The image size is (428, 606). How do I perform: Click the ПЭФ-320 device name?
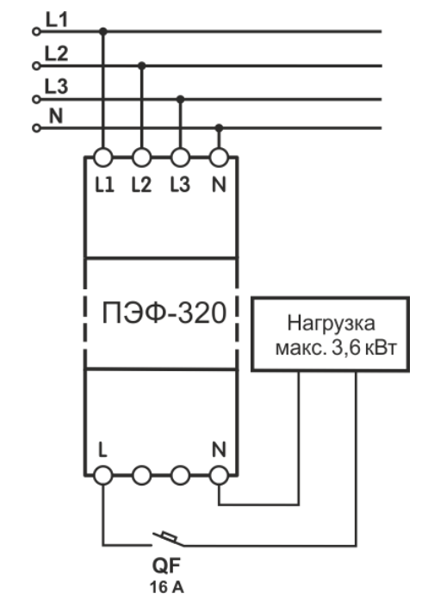[164, 312]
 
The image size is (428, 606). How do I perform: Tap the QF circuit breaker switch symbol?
[167, 539]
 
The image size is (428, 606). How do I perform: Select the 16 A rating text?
[167, 587]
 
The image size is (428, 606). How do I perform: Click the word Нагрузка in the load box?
[331, 324]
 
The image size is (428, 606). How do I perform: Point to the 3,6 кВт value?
[364, 349]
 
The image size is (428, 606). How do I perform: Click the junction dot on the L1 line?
[102, 31]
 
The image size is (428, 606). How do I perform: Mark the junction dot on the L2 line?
[142, 65]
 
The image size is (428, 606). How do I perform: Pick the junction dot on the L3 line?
[180, 99]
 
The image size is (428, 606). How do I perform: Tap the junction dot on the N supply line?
[220, 127]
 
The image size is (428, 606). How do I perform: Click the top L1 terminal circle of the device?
[102, 158]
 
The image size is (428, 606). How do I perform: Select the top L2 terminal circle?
[141, 158]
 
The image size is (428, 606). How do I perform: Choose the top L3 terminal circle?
[180, 158]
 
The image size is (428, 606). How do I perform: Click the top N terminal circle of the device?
[219, 158]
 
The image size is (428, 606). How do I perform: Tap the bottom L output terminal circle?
[102, 475]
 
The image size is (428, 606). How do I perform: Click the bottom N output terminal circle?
[219, 475]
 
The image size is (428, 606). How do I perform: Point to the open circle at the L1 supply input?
[36, 32]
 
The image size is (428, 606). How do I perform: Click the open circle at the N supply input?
[36, 128]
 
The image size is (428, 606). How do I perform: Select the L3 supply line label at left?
[56, 86]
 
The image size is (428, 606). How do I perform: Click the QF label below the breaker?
[166, 566]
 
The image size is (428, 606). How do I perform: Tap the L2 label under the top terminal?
[141, 185]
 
